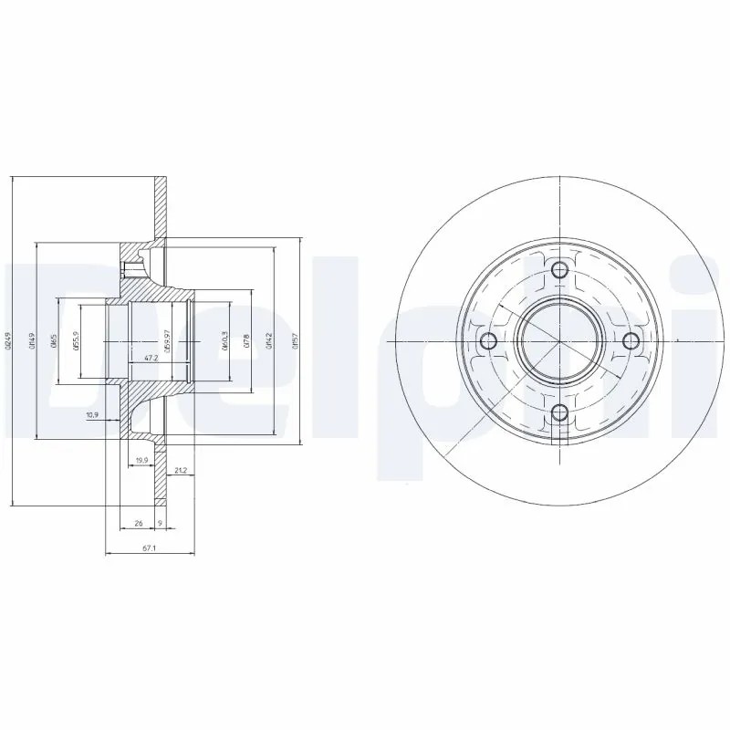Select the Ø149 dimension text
click(x=32, y=341)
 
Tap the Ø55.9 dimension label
click(x=78, y=341)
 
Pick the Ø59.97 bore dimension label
click(x=167, y=341)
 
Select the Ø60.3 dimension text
click(x=224, y=341)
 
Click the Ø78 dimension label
click(x=247, y=341)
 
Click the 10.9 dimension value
click(x=91, y=415)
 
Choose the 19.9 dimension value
click(x=141, y=459)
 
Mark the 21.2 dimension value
click(x=180, y=470)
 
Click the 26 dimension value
click(x=138, y=524)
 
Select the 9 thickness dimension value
click(x=161, y=524)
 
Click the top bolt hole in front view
click(x=560, y=269)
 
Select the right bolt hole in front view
click(x=631, y=340)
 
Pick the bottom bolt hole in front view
click(x=560, y=412)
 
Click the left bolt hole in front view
click(x=488, y=341)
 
